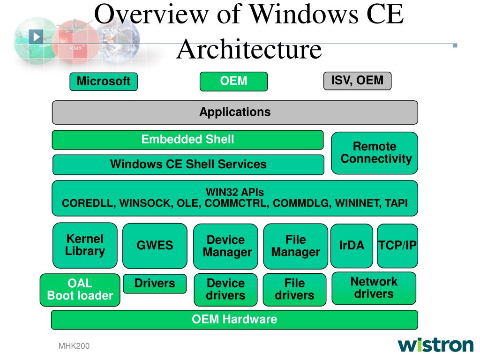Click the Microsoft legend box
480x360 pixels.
(x=104, y=82)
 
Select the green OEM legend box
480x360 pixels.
(x=233, y=81)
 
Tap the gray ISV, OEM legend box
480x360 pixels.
(x=357, y=81)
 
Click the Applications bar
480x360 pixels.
(x=235, y=112)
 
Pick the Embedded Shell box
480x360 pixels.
(x=187, y=140)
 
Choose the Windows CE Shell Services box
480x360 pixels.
(x=188, y=165)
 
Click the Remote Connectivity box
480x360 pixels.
(x=375, y=153)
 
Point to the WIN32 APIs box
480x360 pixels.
(x=235, y=198)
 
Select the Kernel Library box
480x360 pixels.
(x=85, y=245)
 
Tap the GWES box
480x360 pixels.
(x=155, y=246)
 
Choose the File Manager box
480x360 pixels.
(x=295, y=247)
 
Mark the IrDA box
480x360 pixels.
(x=352, y=246)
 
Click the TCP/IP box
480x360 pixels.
(x=397, y=246)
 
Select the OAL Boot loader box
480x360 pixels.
(x=80, y=290)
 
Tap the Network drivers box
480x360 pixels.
(x=374, y=288)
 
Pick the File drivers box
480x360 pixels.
(x=294, y=290)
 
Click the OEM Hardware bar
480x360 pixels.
(x=234, y=320)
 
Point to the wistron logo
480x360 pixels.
(x=435, y=345)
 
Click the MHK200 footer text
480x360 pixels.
(x=74, y=346)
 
